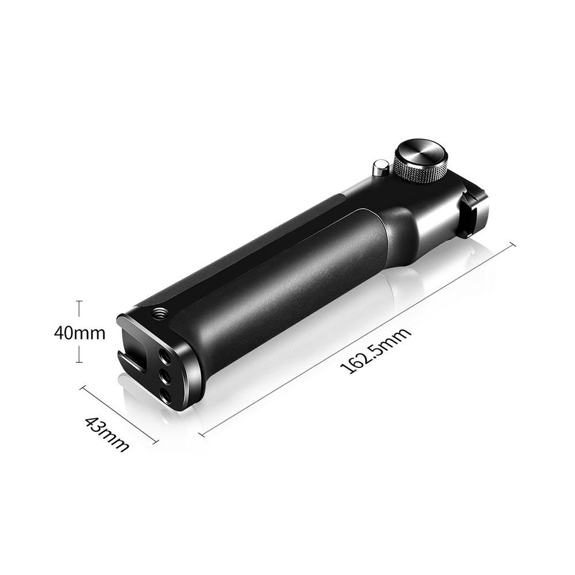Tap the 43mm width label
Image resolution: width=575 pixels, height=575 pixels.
(107, 434)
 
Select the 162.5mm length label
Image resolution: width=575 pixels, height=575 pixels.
(376, 350)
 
